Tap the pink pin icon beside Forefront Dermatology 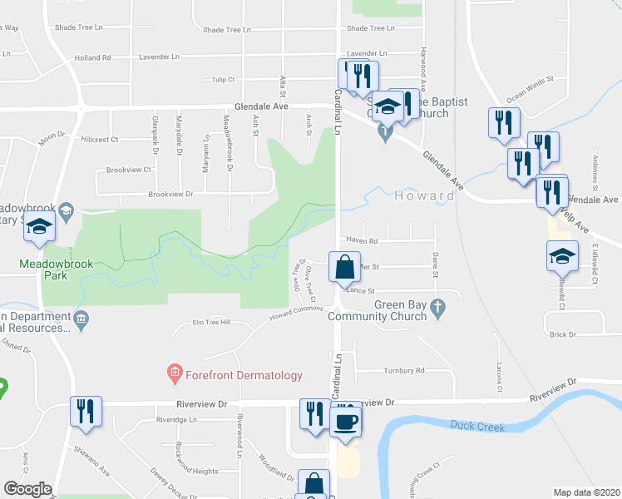[175, 375]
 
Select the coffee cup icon [346, 421]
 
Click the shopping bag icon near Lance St [345, 268]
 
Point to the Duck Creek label [477, 426]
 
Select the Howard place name [424, 196]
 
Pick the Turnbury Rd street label [404, 370]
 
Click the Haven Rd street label [362, 241]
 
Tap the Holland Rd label [92, 58]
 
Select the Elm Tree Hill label [210, 323]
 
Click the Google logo [27, 489]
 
